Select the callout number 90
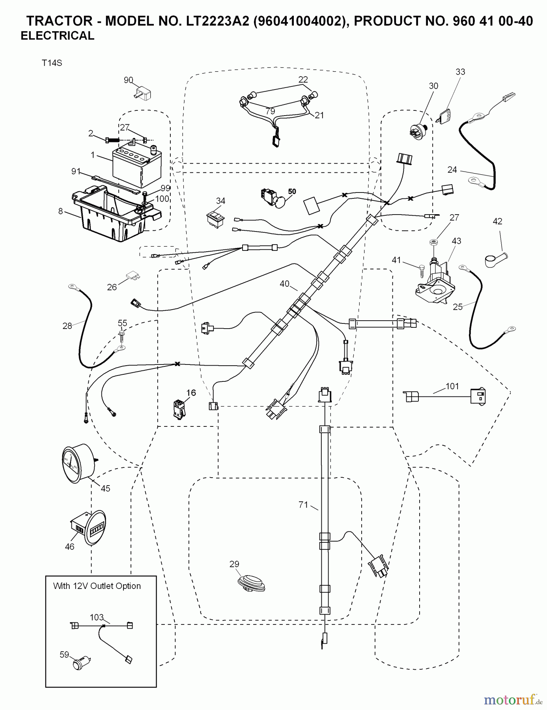click(x=129, y=80)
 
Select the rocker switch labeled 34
click(x=216, y=219)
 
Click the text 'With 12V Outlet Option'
click(x=97, y=586)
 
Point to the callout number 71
click(x=303, y=504)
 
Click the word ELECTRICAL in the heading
click(x=58, y=36)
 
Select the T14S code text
click(x=52, y=63)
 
